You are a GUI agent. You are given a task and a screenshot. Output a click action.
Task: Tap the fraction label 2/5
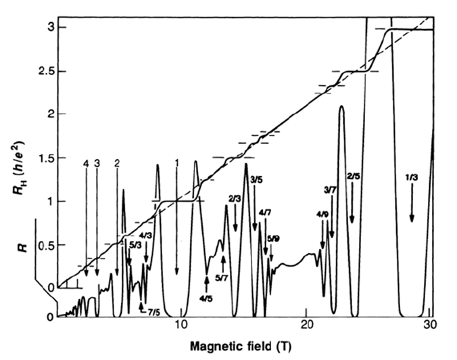[x=352, y=177]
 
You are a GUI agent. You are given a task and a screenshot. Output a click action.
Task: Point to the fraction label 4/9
[x=322, y=215]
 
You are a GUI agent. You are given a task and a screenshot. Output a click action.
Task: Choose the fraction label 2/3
[x=235, y=198]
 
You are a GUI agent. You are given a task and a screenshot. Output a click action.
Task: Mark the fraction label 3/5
[x=257, y=179]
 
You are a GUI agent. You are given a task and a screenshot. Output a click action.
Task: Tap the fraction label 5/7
[x=222, y=277]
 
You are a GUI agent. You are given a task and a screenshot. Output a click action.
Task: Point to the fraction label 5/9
[x=272, y=238]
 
